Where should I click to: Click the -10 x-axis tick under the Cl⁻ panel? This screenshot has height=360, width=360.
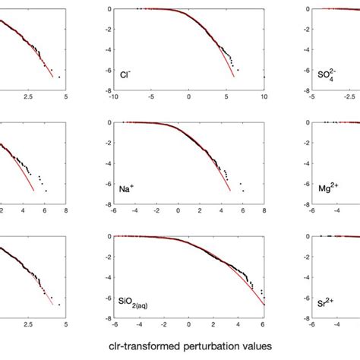(x=112, y=97)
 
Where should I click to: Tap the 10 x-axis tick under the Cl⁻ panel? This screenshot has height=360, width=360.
(x=263, y=97)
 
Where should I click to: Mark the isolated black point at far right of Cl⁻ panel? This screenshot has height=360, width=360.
(x=264, y=77)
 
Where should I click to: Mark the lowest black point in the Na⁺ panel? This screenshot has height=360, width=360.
(x=244, y=191)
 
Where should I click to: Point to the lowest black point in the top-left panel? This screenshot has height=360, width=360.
(x=58, y=77)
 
